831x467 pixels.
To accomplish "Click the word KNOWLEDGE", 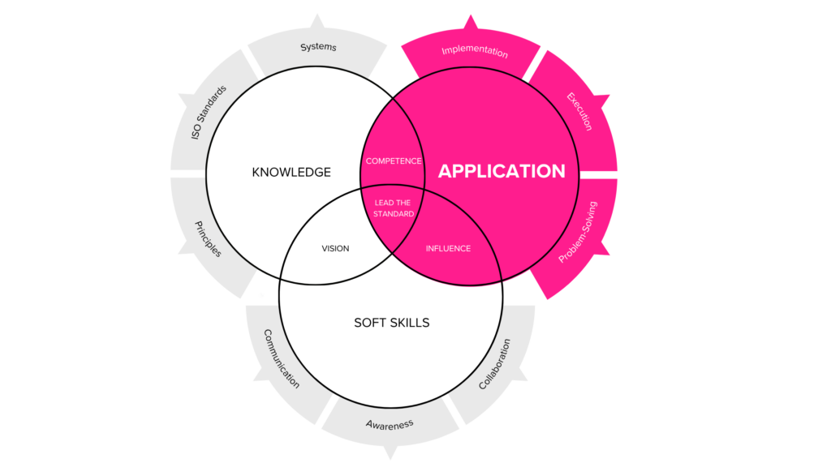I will [291, 172].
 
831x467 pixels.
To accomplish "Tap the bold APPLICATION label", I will [502, 171].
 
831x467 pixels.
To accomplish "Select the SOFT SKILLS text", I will [391, 323].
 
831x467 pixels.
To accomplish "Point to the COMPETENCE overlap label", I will [394, 161].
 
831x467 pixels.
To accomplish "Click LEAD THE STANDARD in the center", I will [394, 208].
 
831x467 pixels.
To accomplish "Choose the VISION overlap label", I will [335, 248].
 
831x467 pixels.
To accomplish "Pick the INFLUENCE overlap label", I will [448, 248].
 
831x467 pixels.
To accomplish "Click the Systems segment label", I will [318, 47].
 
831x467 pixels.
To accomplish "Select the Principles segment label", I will [208, 238].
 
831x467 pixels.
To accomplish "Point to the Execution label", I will [579, 112].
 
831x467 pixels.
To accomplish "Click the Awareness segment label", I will [390, 424].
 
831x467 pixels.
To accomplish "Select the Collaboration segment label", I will [494, 364].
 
